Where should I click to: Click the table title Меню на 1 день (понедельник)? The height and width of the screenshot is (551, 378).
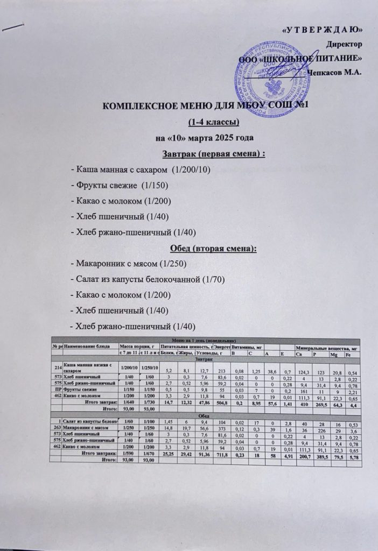(204, 341)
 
